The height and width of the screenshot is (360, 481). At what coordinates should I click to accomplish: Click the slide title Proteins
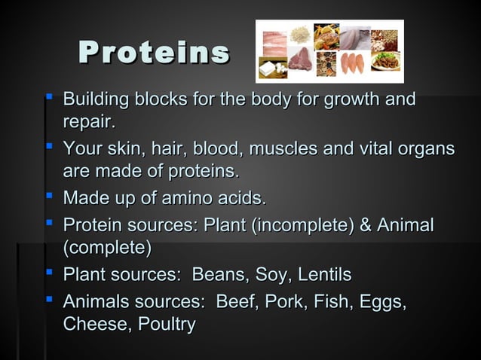click(155, 52)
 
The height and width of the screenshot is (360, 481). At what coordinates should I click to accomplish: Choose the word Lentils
click(323, 274)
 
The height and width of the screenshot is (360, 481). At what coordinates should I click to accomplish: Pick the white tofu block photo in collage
click(268, 69)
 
